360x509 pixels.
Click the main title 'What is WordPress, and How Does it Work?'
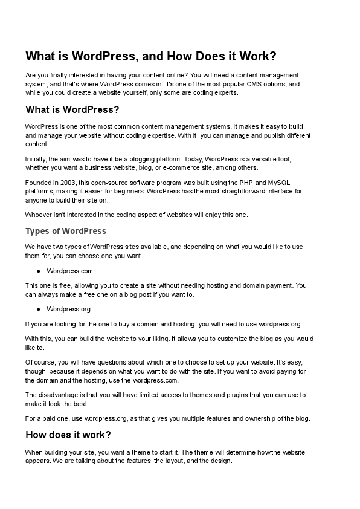point(150,57)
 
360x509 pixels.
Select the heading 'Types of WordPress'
point(66,231)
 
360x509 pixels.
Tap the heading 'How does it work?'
point(68,435)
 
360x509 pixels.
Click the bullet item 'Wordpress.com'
point(69,271)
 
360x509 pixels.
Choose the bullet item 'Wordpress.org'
point(68,309)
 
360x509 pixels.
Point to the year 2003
point(68,183)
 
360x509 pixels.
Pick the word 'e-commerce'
point(199,167)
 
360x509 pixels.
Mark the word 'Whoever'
point(39,214)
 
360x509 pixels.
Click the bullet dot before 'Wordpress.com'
point(38,271)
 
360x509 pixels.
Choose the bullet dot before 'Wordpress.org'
point(38,309)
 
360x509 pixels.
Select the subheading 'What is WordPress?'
point(72,109)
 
